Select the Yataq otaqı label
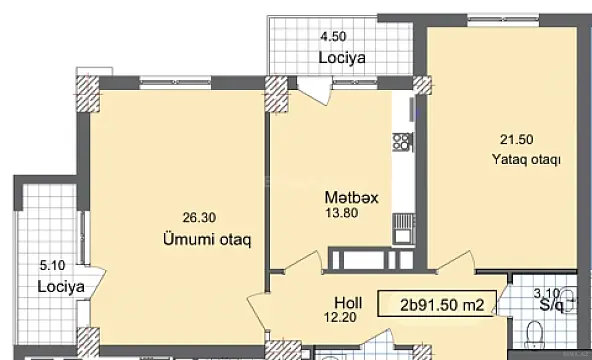(525, 159)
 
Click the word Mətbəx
(350, 197)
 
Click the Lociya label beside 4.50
(341, 58)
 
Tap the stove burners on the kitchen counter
(402, 140)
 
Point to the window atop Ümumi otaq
(169, 79)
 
